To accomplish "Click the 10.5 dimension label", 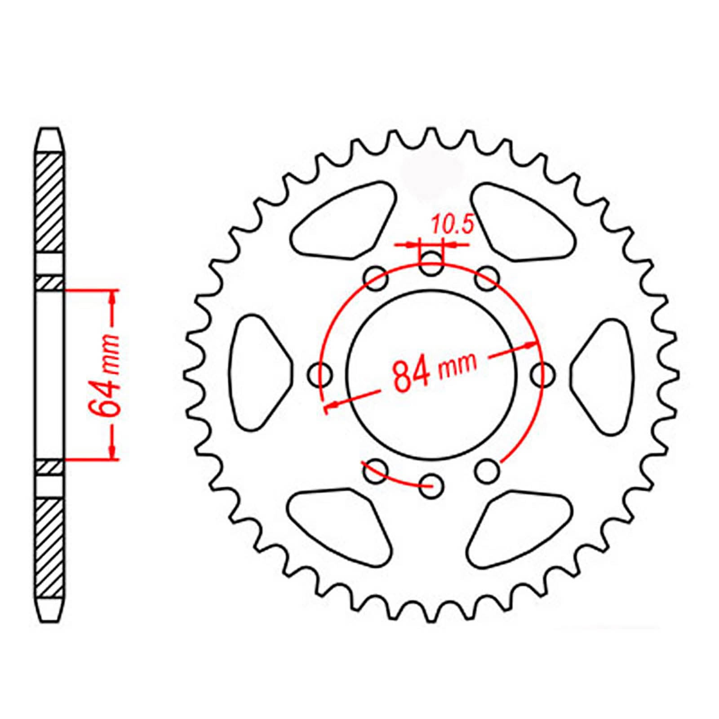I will (x=453, y=225).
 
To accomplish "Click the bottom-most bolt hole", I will (x=431, y=487).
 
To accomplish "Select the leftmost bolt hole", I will (x=321, y=373).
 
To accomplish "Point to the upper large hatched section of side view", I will (x=49, y=202).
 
